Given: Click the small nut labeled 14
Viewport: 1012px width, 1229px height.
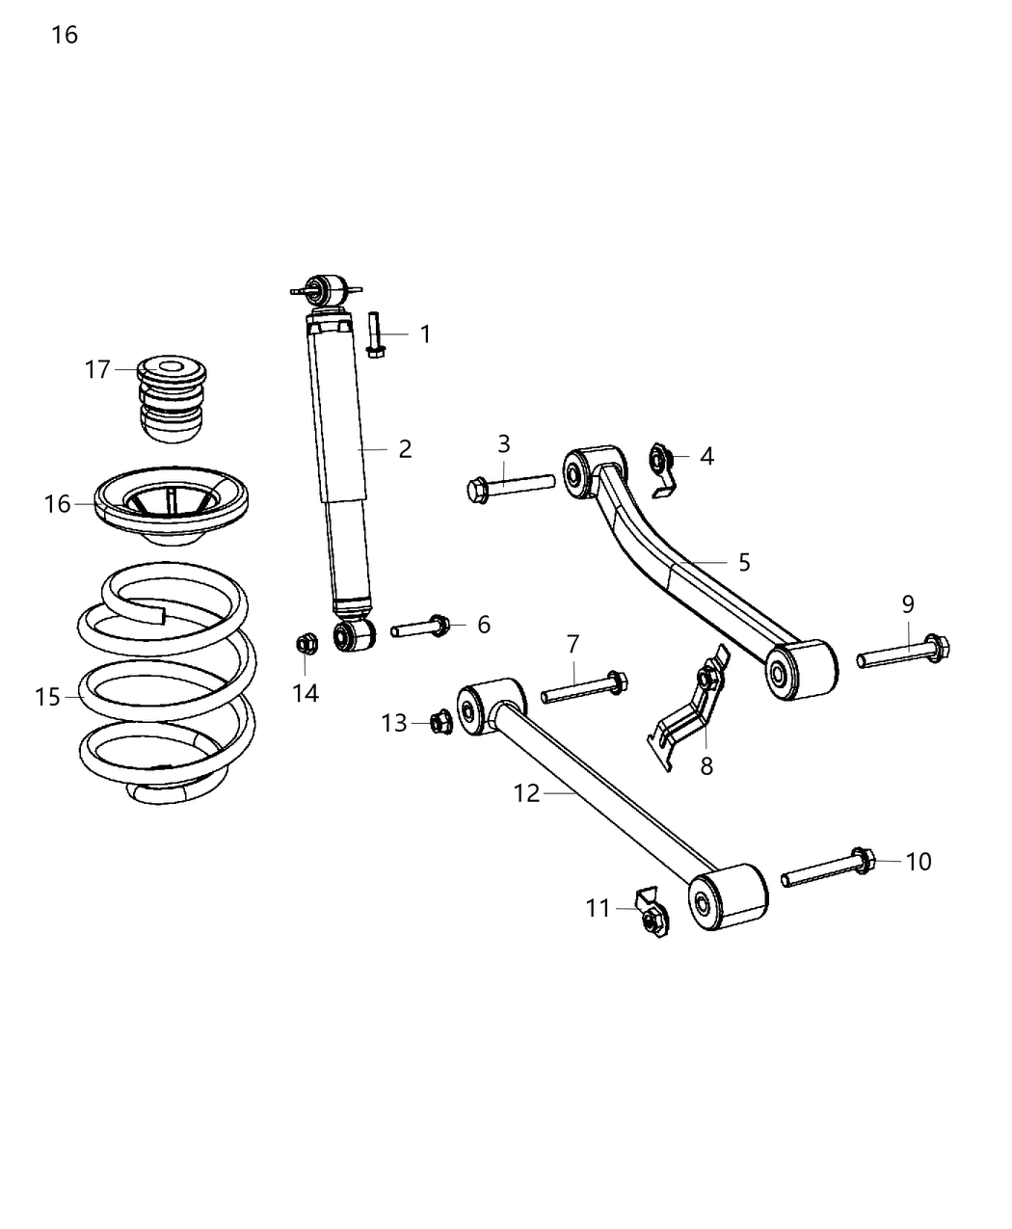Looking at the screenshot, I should (306, 642).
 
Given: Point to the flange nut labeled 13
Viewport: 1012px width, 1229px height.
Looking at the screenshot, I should (440, 721).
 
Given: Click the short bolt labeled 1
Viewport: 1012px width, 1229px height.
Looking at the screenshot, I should (375, 334).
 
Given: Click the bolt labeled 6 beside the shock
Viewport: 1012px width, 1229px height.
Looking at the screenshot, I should (419, 628).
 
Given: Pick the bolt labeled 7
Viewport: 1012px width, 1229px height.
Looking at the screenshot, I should (584, 688).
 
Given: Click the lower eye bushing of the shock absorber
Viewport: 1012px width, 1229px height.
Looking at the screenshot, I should (353, 635).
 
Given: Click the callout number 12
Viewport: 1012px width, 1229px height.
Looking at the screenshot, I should (527, 793).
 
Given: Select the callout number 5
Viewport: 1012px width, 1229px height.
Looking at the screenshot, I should (743, 562).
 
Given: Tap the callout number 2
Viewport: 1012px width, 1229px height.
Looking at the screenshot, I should (404, 448).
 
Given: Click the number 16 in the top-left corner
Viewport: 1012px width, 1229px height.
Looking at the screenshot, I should (65, 36).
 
